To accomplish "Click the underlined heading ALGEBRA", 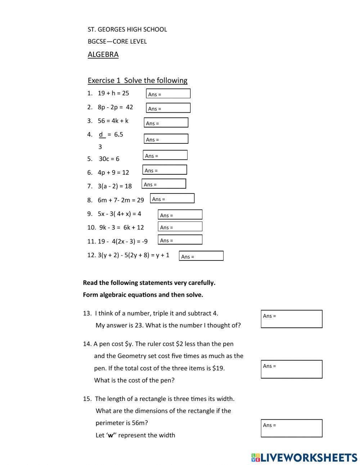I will (103, 54).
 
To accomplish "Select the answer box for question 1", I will (168, 94).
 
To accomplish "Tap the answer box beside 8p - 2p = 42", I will (168, 108).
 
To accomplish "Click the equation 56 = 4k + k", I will (113, 121).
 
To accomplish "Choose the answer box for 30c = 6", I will (165, 155).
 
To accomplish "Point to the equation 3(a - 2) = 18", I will (114, 186).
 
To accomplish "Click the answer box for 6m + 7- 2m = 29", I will (172, 198).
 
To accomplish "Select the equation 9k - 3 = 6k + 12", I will (121, 228).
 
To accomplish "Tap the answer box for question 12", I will (201, 256).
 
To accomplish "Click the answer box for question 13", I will (291, 319).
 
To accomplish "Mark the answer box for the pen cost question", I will (291, 369).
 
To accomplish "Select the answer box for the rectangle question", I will (291, 428).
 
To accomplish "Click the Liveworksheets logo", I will (304, 457).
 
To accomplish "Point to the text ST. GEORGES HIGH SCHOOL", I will (127, 30).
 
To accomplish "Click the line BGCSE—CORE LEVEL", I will (117, 41).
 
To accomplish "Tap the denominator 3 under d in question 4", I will (100, 147).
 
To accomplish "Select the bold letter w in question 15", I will (111, 435).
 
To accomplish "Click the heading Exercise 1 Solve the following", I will (138, 80).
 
